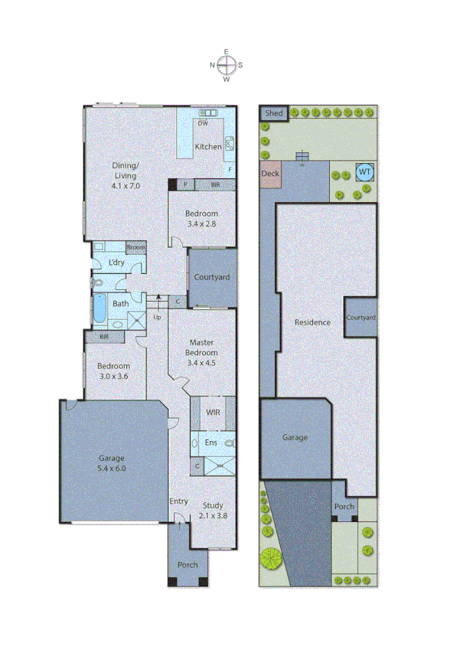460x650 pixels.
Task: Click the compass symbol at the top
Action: click(x=227, y=65)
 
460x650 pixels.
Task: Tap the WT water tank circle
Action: click(x=364, y=171)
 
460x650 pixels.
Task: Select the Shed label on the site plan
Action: click(x=273, y=114)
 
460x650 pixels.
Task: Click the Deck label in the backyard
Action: click(x=270, y=174)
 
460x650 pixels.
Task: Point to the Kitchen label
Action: click(x=208, y=146)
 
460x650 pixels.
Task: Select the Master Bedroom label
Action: click(x=202, y=348)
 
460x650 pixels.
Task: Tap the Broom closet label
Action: click(x=135, y=247)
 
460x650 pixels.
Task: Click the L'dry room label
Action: click(x=116, y=263)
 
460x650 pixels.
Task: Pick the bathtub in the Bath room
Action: click(x=100, y=309)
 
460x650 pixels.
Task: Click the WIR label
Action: click(x=213, y=412)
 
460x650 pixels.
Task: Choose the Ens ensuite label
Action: click(x=211, y=443)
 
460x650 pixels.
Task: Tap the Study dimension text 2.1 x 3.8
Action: click(x=212, y=515)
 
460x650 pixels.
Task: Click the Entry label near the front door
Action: click(x=178, y=501)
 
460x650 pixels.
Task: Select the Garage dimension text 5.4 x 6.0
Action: click(x=111, y=468)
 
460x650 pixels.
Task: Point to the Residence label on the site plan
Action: click(x=312, y=322)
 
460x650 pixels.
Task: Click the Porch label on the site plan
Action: click(x=344, y=506)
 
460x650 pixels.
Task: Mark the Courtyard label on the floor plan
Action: click(x=211, y=277)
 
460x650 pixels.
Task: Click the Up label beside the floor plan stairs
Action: click(x=158, y=316)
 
